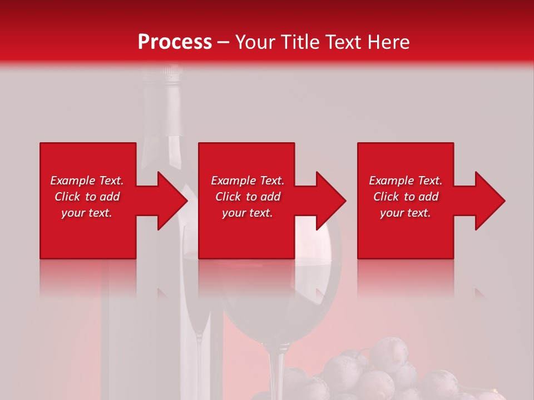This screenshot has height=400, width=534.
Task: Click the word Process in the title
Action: tap(175, 42)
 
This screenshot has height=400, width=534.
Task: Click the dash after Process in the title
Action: tap(223, 43)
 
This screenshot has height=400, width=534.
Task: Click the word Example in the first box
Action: tap(72, 181)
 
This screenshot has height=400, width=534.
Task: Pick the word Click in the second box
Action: tap(229, 197)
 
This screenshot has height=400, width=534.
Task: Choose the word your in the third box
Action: tap(391, 213)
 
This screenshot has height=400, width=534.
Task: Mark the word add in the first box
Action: tap(110, 197)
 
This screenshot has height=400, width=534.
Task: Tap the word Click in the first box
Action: tap(68, 197)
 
